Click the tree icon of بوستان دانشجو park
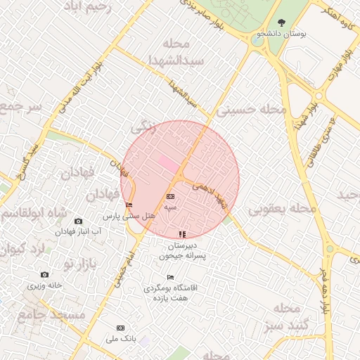[x=282, y=23]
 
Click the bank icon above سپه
[x=171, y=196]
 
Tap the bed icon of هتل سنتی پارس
[x=128, y=205]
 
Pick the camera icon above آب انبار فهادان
[x=78, y=221]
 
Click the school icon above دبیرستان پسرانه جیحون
[x=182, y=233]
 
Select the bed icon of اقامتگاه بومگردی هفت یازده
[x=170, y=278]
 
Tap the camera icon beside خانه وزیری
[x=45, y=275]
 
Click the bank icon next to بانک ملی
[x=120, y=328]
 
